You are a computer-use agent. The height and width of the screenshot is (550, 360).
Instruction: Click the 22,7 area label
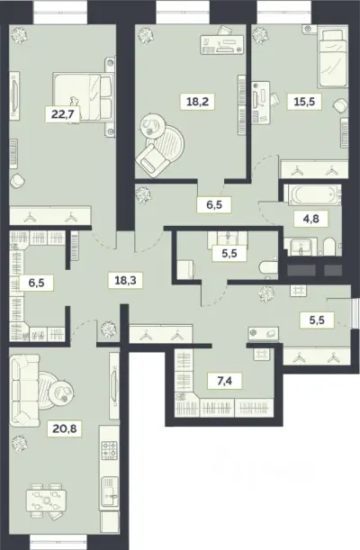coord(62,114)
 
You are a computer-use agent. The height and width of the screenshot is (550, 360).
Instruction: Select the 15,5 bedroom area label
coord(304,102)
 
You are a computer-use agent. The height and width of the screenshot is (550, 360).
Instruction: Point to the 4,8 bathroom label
coord(310,219)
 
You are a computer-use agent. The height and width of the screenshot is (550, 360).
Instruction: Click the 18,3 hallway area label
coord(125,280)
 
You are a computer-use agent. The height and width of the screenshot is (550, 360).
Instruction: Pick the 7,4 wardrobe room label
coord(225,381)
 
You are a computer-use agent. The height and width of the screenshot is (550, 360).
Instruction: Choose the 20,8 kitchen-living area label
coord(65,428)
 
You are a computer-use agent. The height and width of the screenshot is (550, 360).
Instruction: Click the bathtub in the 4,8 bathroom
coord(312,194)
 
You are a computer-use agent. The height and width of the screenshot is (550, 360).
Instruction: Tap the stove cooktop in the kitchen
coord(109,450)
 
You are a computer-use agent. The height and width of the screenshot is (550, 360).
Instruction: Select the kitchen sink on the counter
coord(110,491)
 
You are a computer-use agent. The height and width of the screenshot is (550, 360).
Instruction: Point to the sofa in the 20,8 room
coord(23,390)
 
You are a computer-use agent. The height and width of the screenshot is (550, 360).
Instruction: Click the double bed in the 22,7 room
coord(83,97)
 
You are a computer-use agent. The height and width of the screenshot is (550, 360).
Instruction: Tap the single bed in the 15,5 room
coord(333,58)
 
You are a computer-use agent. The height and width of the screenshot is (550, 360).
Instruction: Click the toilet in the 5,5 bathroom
coord(268,268)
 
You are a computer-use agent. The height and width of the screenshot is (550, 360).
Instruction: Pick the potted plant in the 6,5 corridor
coord(143,194)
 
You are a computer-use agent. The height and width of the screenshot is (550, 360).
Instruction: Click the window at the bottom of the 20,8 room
coord(58,539)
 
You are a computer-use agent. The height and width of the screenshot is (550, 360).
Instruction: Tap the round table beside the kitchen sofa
coord(61,391)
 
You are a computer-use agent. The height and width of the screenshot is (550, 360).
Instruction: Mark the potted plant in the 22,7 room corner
coord(19,35)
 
